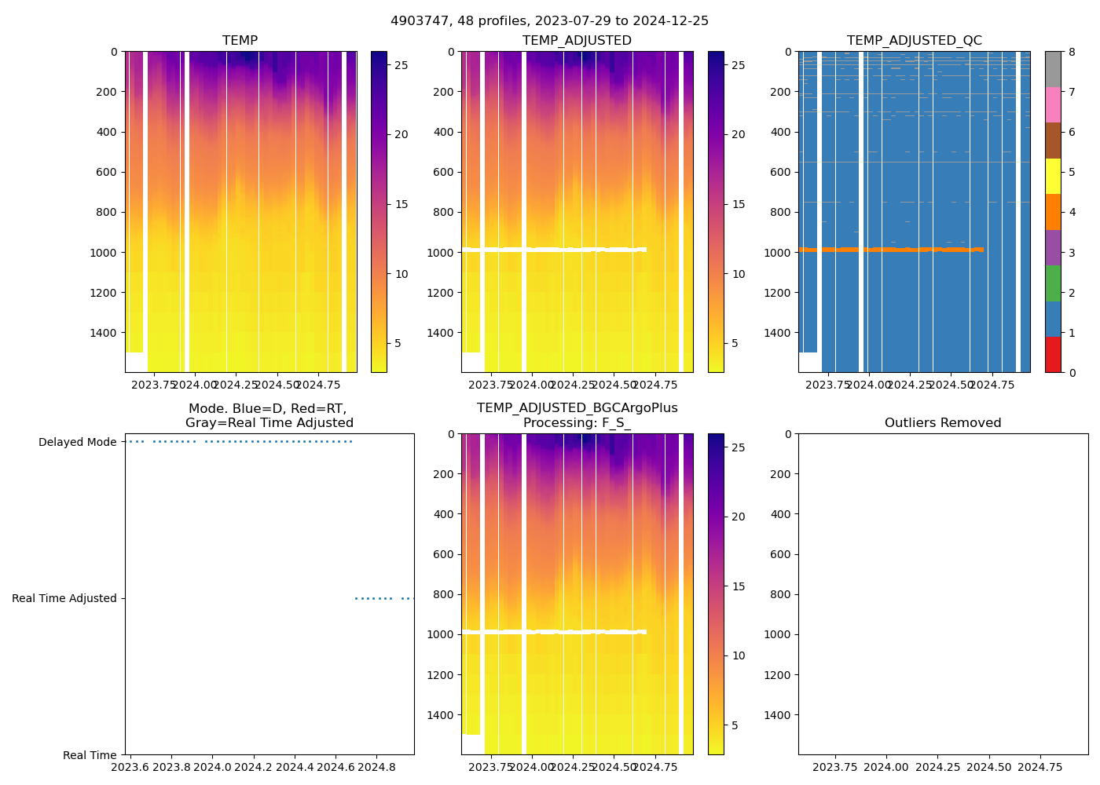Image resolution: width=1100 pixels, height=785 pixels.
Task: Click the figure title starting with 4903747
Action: [549, 21]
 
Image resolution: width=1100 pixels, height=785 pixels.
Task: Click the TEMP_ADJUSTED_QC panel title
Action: [914, 41]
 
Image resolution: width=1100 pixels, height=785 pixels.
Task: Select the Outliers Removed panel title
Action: [943, 423]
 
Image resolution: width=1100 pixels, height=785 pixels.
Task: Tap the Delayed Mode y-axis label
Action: [77, 442]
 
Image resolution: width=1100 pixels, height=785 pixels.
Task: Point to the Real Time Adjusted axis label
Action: [64, 598]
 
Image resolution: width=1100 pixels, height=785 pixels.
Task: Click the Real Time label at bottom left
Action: [90, 755]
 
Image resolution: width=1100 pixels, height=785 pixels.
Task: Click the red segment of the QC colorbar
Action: [1053, 355]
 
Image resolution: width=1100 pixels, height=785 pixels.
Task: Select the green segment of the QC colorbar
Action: [1053, 283]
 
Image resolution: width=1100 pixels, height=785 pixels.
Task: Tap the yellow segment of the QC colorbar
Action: [1053, 177]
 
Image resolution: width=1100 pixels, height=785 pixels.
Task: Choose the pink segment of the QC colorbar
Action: [1053, 105]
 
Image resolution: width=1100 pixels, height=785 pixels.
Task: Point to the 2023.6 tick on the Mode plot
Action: [130, 766]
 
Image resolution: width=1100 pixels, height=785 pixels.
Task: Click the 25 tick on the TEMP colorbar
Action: [401, 65]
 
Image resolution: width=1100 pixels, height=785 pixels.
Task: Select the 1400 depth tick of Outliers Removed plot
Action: [778, 715]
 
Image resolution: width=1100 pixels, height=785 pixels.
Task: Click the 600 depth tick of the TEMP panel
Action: [108, 172]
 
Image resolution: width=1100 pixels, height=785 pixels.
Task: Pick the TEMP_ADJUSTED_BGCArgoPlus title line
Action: [577, 408]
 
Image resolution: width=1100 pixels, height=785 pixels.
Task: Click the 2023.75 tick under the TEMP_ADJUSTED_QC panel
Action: [828, 385]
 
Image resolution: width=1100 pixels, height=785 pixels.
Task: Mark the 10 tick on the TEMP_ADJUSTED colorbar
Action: [739, 274]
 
